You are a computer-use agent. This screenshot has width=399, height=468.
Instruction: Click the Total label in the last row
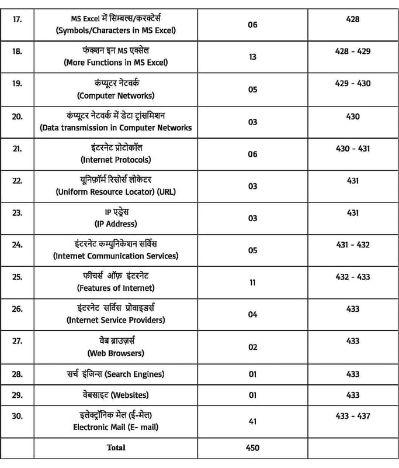tap(116, 448)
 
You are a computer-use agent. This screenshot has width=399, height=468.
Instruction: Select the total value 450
tap(252, 448)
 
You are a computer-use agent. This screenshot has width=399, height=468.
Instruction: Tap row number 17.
tap(17, 19)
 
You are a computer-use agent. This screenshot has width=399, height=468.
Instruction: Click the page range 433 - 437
tap(352, 416)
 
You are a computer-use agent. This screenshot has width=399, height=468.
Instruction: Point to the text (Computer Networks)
tap(116, 95)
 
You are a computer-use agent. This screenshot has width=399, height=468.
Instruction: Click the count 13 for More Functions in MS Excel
tap(252, 57)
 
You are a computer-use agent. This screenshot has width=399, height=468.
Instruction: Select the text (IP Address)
tap(116, 224)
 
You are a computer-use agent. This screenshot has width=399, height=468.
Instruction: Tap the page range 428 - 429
tap(352, 51)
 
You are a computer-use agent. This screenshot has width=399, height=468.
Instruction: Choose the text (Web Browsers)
tap(116, 353)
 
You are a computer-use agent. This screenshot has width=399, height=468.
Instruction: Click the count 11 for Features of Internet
tap(252, 282)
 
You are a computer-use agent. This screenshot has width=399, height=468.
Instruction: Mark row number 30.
tap(17, 416)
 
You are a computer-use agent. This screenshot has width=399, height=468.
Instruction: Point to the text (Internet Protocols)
tap(116, 160)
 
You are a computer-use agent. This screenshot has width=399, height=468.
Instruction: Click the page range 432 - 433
tap(352, 277)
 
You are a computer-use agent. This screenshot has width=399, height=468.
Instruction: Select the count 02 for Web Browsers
tap(252, 347)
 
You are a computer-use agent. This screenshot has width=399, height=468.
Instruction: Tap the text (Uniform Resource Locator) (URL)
tap(116, 192)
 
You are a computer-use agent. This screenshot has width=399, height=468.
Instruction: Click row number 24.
tap(17, 245)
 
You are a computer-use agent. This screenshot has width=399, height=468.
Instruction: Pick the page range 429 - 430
tap(352, 84)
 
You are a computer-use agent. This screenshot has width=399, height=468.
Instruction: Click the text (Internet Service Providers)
tap(116, 320)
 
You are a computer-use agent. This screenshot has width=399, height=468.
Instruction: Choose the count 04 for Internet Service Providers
tap(252, 315)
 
